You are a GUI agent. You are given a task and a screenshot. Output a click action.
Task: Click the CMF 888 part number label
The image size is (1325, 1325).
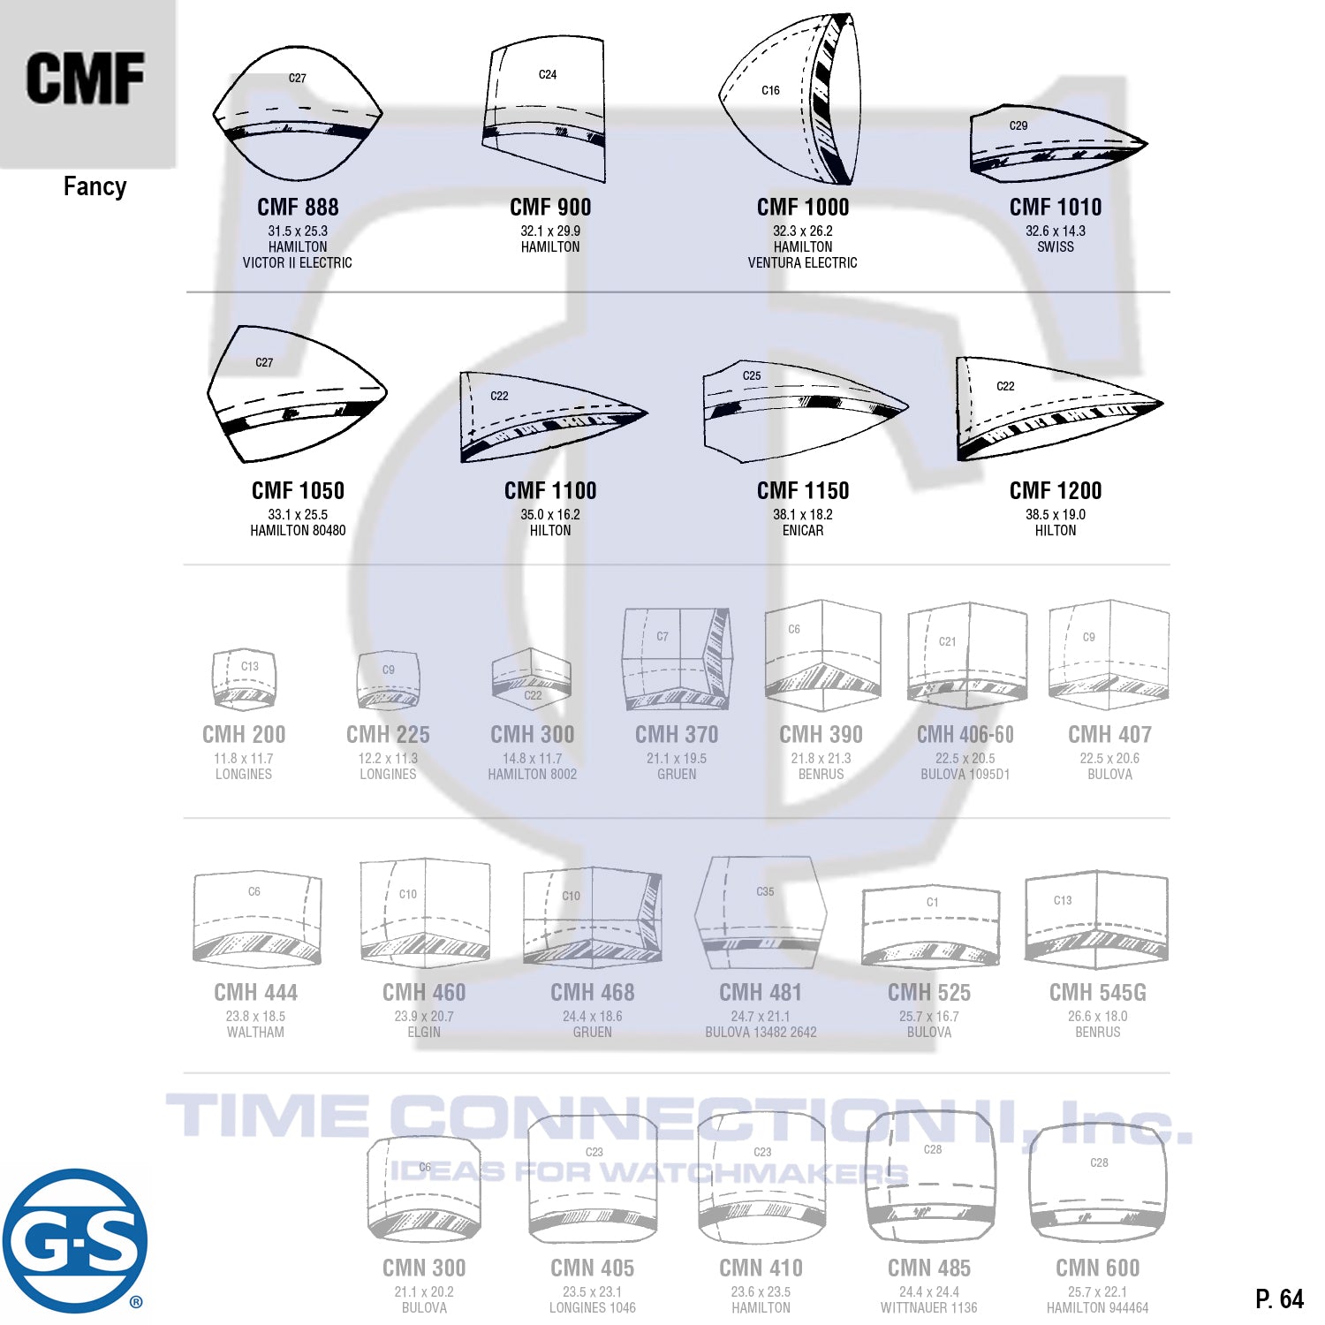pyautogui.click(x=298, y=207)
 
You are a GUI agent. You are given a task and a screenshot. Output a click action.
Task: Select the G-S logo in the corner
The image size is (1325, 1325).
pyautogui.click(x=74, y=1240)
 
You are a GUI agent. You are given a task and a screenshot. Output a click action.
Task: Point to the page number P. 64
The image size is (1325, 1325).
pyautogui.click(x=1279, y=1298)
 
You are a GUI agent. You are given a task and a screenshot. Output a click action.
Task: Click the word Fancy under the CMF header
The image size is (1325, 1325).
pyautogui.click(x=95, y=186)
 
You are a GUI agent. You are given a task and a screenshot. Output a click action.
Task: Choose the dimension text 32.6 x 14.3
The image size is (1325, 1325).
pyautogui.click(x=1056, y=231)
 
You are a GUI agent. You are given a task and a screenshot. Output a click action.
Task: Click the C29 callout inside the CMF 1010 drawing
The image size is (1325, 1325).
pyautogui.click(x=1018, y=125)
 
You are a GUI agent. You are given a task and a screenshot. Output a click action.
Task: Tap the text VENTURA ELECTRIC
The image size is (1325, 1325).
pyautogui.click(x=802, y=262)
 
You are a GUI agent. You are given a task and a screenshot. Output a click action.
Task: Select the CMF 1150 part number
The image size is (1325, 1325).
pyautogui.click(x=802, y=490)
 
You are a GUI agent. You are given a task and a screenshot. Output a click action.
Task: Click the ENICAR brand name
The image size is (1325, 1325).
pyautogui.click(x=802, y=530)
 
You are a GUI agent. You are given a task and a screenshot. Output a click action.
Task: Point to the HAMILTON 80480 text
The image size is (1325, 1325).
pyautogui.click(x=298, y=530)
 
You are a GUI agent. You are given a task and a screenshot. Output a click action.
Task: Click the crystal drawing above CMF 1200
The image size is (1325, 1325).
pyautogui.click(x=1056, y=408)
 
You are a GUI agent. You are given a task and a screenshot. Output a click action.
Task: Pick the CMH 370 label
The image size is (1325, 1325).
pyautogui.click(x=677, y=734)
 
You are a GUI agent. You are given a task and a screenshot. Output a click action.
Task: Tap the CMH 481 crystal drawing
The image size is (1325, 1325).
pyautogui.click(x=761, y=913)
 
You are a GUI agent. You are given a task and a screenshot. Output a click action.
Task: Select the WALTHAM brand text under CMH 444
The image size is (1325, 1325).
pyautogui.click(x=255, y=1032)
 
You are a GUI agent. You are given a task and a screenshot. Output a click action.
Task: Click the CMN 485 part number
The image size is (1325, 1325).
pyautogui.click(x=928, y=1268)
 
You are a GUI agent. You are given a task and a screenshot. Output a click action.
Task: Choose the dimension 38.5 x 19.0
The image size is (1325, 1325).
pyautogui.click(x=1056, y=514)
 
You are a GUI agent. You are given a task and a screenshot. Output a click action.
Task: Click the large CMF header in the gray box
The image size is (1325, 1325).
pyautogui.click(x=86, y=79)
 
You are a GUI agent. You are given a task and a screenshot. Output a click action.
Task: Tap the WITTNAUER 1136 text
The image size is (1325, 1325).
pyautogui.click(x=928, y=1307)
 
